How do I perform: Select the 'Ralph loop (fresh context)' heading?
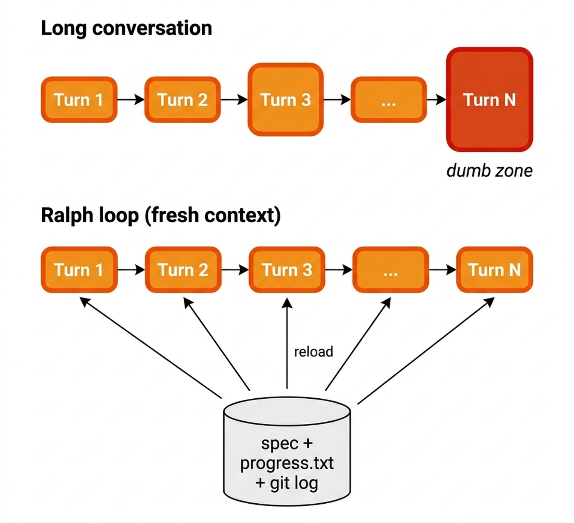pos(161,216)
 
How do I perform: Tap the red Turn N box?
pos(490,99)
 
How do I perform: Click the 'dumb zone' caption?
pos(490,171)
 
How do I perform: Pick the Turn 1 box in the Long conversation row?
pos(79,100)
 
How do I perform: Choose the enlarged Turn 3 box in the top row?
pos(286,99)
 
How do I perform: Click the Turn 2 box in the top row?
pos(182,100)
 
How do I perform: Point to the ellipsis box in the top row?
pos(389,100)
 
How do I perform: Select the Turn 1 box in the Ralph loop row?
pos(79,269)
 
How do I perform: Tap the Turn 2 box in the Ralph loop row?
pos(183,269)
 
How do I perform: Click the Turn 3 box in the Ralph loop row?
pos(287,269)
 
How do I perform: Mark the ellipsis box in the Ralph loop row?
pos(391,269)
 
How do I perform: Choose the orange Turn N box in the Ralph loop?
pos(495,269)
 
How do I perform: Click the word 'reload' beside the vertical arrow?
pos(314,352)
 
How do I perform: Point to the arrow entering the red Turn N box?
pos(437,100)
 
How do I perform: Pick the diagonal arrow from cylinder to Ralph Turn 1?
pos(150,348)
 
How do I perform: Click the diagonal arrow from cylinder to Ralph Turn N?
pos(426,351)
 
